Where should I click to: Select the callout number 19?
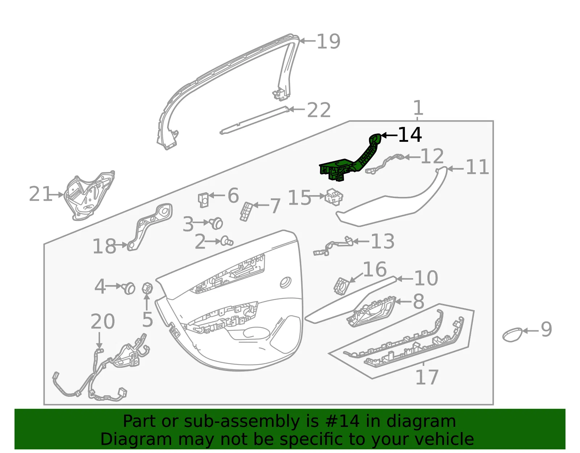point(328,42)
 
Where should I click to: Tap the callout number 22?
point(319,110)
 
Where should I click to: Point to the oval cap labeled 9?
point(512,334)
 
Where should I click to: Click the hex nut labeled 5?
point(147,288)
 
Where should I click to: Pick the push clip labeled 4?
point(129,288)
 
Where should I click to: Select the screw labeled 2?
point(227,241)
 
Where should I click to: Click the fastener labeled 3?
point(216,223)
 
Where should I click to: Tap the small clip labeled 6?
point(203,200)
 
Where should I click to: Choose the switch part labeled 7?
point(246,211)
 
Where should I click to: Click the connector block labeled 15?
point(333,197)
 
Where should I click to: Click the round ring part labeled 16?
point(341,286)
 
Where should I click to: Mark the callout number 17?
point(427,377)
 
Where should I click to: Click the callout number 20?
point(103,321)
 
